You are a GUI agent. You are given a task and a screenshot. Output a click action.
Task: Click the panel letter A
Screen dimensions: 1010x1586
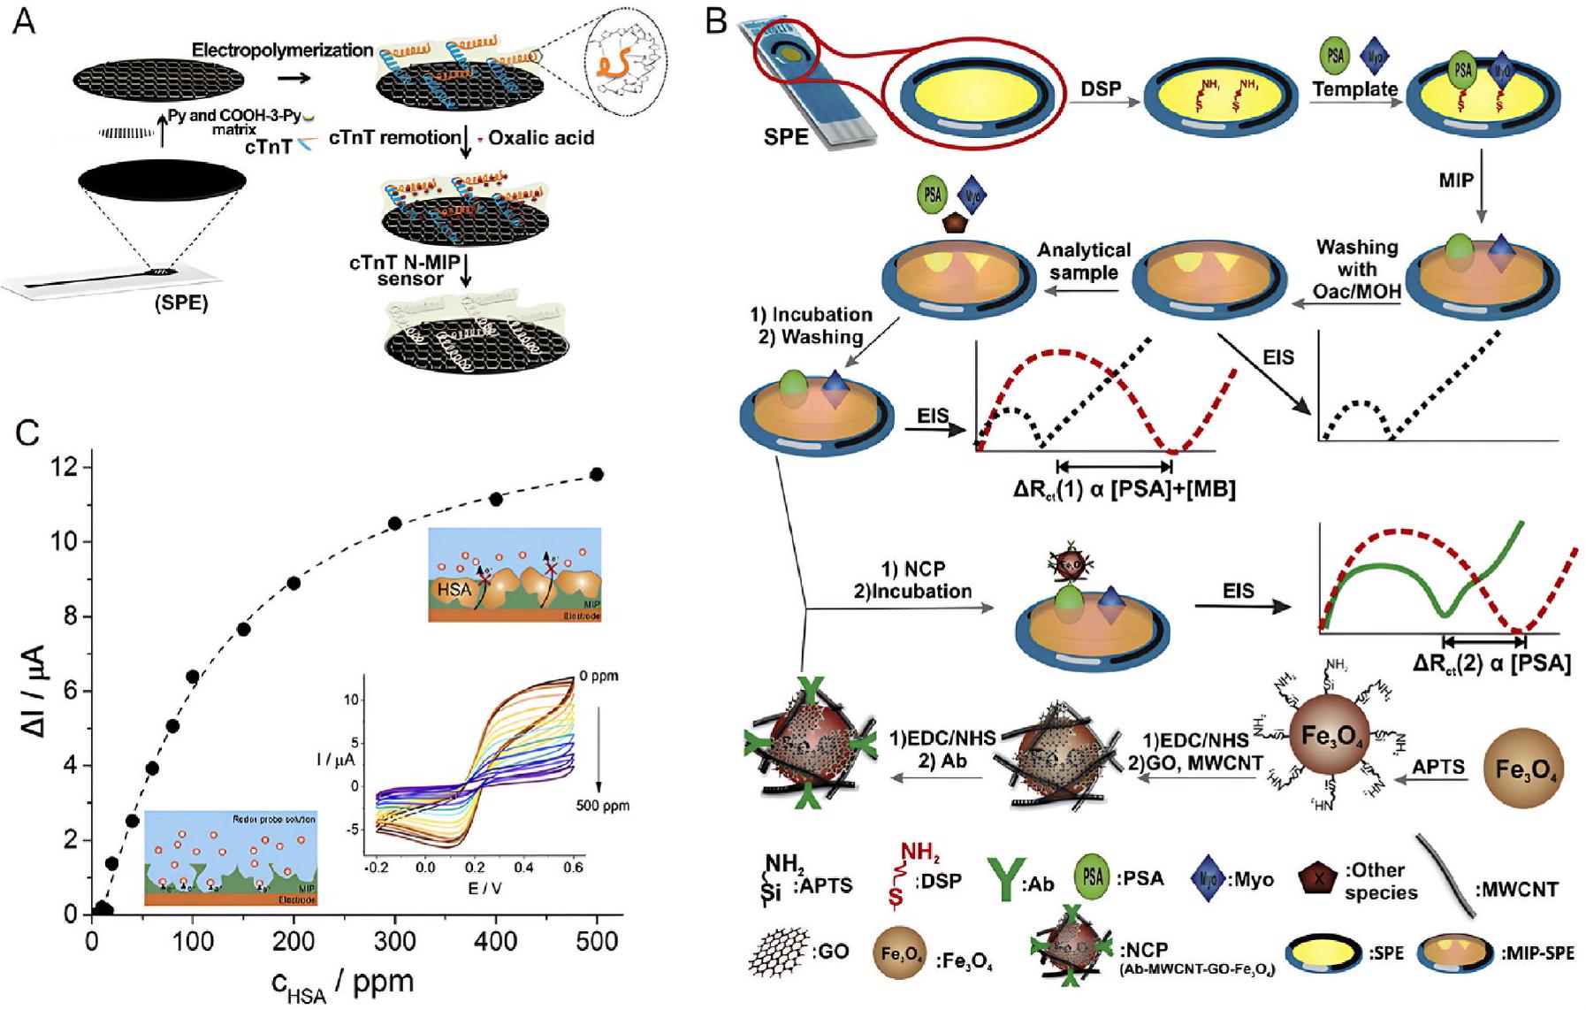pyautogui.click(x=25, y=21)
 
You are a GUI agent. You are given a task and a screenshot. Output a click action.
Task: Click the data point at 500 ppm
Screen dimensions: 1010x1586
pyautogui.click(x=597, y=475)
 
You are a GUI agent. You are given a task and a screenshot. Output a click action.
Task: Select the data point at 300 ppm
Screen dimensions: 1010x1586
pyautogui.click(x=395, y=524)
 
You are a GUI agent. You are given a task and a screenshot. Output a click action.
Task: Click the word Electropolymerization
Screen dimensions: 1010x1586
pyautogui.click(x=283, y=50)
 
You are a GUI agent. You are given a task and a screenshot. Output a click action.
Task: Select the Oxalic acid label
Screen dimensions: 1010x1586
pyautogui.click(x=541, y=138)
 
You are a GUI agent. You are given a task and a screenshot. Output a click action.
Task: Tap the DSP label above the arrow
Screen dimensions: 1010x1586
pyautogui.click(x=1101, y=88)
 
